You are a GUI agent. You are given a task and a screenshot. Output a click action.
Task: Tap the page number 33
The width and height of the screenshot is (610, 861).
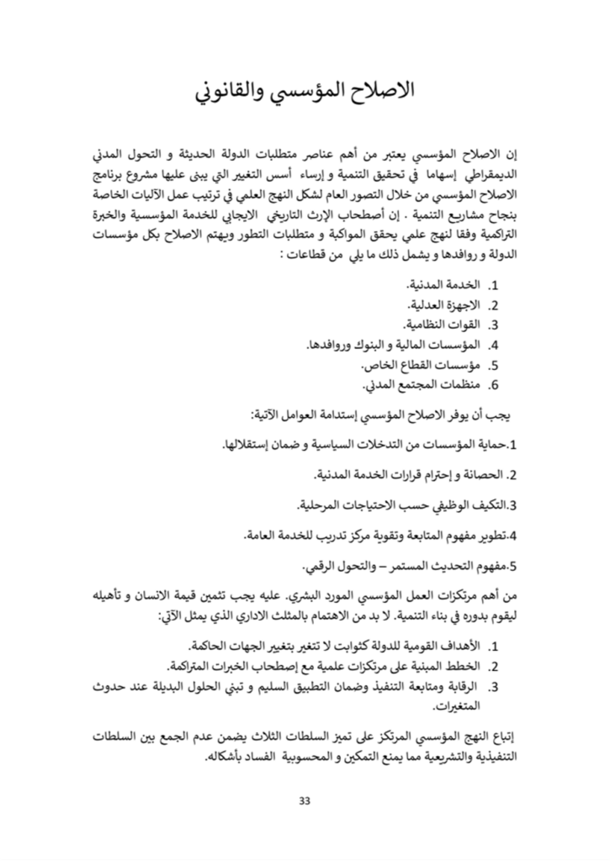pyautogui.click(x=305, y=800)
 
